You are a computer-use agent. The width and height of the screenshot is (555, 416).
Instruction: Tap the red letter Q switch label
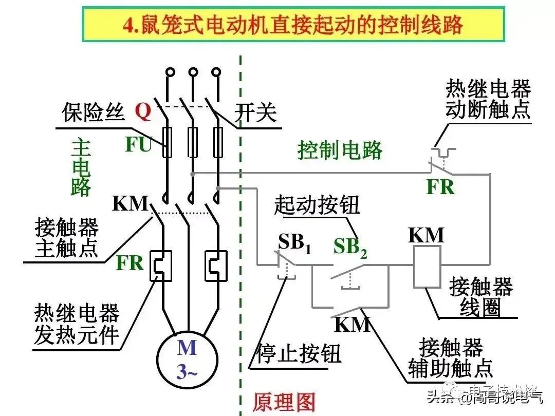click(x=143, y=111)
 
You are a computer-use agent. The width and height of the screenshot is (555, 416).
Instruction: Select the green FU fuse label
click(x=138, y=145)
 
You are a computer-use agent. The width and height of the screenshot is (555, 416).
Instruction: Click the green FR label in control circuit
click(x=440, y=187)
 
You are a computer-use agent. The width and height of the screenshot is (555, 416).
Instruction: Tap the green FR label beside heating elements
click(x=129, y=262)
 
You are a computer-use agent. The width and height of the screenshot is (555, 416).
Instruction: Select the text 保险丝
click(x=94, y=112)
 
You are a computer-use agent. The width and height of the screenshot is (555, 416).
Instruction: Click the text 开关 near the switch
click(x=255, y=112)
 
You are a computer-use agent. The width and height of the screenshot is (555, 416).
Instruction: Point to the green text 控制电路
click(x=340, y=150)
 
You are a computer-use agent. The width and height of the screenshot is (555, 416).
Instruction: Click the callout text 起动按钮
click(x=317, y=205)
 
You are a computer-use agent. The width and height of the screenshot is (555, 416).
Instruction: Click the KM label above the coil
click(x=426, y=235)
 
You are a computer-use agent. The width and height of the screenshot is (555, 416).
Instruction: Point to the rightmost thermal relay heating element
click(x=216, y=266)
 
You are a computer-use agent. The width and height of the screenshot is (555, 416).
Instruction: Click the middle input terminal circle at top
click(x=193, y=72)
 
